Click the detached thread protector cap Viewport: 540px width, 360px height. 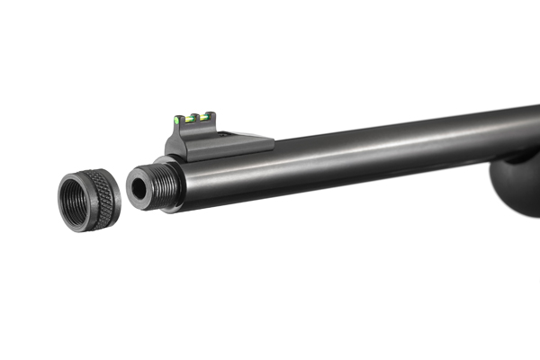[89, 199]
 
